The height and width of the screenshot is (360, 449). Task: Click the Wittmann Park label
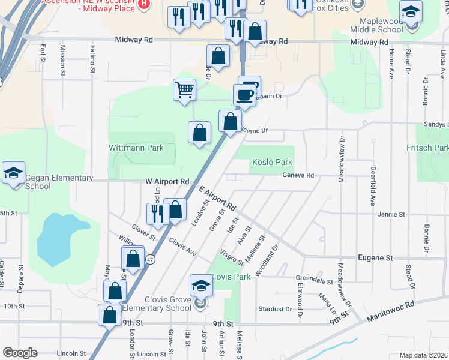[136, 148]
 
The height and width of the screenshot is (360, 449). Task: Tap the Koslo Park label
[272, 162]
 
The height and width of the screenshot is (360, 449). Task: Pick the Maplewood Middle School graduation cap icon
[411, 13]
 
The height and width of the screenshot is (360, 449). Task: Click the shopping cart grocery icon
[184, 91]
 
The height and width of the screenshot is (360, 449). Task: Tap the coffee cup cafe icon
[244, 95]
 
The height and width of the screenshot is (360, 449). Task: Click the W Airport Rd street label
[167, 181]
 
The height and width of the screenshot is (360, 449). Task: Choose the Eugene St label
[375, 257]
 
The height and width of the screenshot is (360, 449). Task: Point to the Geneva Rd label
[298, 175]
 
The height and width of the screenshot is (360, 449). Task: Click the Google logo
[20, 353]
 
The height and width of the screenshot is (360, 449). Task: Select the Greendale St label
[315, 280]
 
